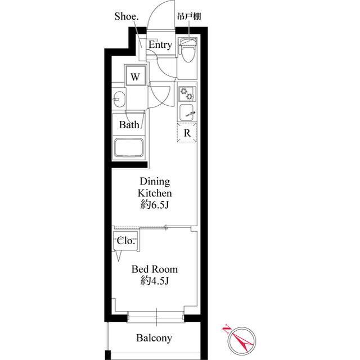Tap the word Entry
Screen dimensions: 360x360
tap(160, 45)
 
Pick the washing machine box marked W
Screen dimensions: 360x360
tap(136, 75)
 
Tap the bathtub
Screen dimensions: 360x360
tap(130, 148)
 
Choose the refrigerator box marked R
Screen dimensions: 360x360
tap(187, 133)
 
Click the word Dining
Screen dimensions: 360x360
tap(155, 182)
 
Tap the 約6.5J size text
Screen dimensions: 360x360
tap(155, 205)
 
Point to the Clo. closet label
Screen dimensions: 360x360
tap(126, 241)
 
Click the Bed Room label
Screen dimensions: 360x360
tap(155, 269)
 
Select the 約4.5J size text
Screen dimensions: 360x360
tap(155, 281)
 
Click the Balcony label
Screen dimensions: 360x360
tap(154, 338)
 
